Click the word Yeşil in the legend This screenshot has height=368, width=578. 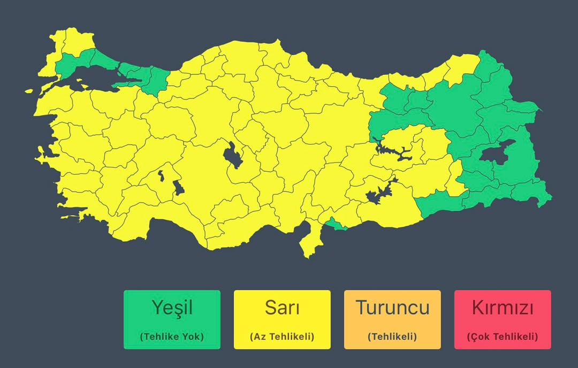171,308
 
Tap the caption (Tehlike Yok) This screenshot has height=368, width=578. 172,337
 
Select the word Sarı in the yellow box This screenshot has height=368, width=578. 282,308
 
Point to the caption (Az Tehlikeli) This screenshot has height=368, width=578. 282,337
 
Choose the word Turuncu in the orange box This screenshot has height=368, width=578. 392,308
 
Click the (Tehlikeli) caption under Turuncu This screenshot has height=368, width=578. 392,337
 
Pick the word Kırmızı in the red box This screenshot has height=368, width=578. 503,308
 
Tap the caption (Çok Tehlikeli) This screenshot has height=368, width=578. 503,337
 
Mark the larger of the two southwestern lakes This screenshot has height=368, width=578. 178,188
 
